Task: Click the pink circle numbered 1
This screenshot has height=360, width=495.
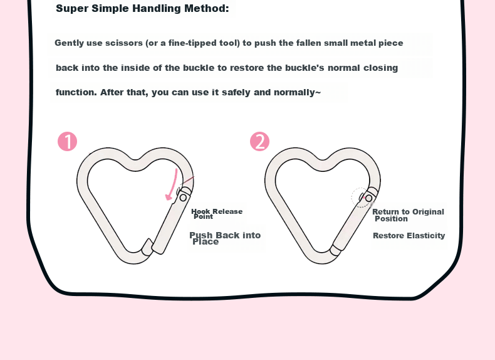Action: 67,141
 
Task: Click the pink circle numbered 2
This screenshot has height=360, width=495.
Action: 259,141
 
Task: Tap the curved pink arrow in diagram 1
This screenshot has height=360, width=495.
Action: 172,185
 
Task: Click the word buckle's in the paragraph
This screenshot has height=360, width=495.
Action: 305,68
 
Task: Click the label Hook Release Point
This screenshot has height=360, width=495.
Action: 217,214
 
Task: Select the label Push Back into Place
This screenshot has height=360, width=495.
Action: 225,238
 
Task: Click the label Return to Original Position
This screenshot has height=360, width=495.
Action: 408,215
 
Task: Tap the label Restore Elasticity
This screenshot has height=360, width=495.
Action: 409,235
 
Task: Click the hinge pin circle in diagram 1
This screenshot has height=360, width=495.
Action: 183,198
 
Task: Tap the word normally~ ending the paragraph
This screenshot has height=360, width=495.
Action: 298,92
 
